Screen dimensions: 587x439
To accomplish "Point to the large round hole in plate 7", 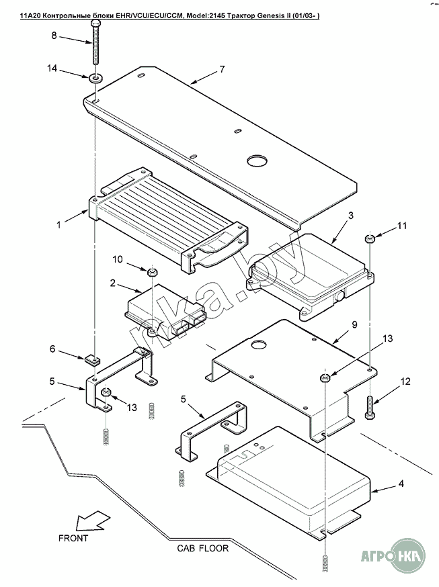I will [257, 161].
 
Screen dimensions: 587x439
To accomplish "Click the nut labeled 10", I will [153, 271].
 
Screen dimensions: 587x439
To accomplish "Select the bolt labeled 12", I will [369, 406].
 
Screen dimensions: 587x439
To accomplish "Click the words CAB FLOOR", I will [203, 548].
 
